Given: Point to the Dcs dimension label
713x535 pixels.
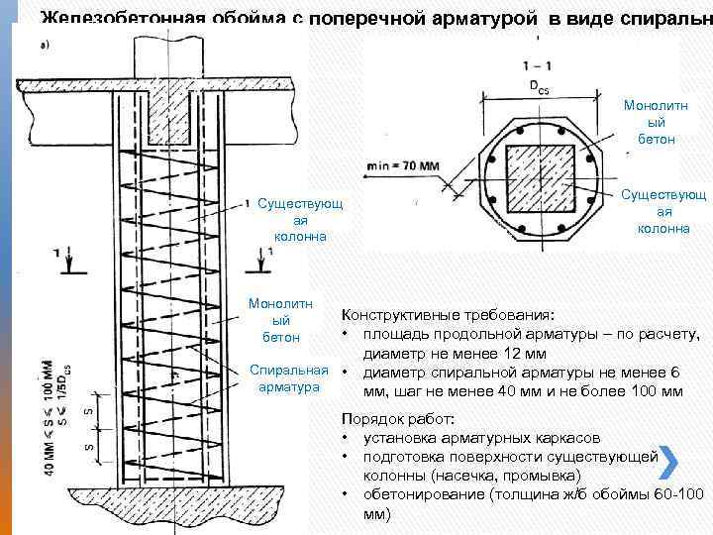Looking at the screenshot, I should pyautogui.click(x=538, y=87).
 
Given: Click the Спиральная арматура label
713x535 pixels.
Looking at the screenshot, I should pyautogui.click(x=289, y=377).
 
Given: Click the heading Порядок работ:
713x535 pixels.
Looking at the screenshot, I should pyautogui.click(x=395, y=417).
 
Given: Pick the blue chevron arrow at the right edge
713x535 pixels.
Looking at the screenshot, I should pyautogui.click(x=668, y=462).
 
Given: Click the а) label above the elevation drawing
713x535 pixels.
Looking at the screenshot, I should pyautogui.click(x=46, y=45).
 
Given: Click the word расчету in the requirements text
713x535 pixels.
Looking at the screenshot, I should pyautogui.click(x=671, y=333).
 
